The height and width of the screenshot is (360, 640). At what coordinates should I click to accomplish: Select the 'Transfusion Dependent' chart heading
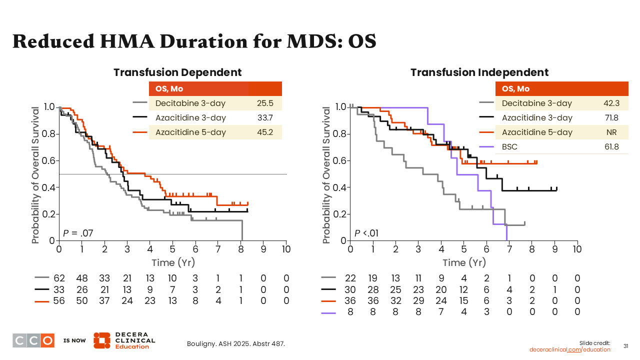tap(177, 72)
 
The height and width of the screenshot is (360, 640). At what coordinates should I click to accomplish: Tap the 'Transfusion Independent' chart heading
tap(479, 72)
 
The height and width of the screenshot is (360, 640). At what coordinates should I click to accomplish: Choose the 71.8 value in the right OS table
tap(611, 117)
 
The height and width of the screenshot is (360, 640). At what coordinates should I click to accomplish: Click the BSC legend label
tap(509, 147)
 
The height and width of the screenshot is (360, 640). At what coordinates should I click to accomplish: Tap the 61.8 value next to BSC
tap(611, 147)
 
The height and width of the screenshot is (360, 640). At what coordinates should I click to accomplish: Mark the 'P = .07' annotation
tap(77, 232)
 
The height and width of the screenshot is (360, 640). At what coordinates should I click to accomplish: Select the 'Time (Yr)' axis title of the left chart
tap(173, 262)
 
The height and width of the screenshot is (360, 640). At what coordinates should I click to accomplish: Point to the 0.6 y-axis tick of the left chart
tap(49, 160)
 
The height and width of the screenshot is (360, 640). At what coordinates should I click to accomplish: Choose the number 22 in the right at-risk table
tap(350, 278)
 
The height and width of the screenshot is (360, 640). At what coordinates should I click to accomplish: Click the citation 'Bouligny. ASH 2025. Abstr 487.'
tap(235, 343)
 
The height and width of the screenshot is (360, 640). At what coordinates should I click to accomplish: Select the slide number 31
tap(625, 346)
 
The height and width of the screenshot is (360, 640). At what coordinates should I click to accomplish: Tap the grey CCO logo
tap(33, 340)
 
